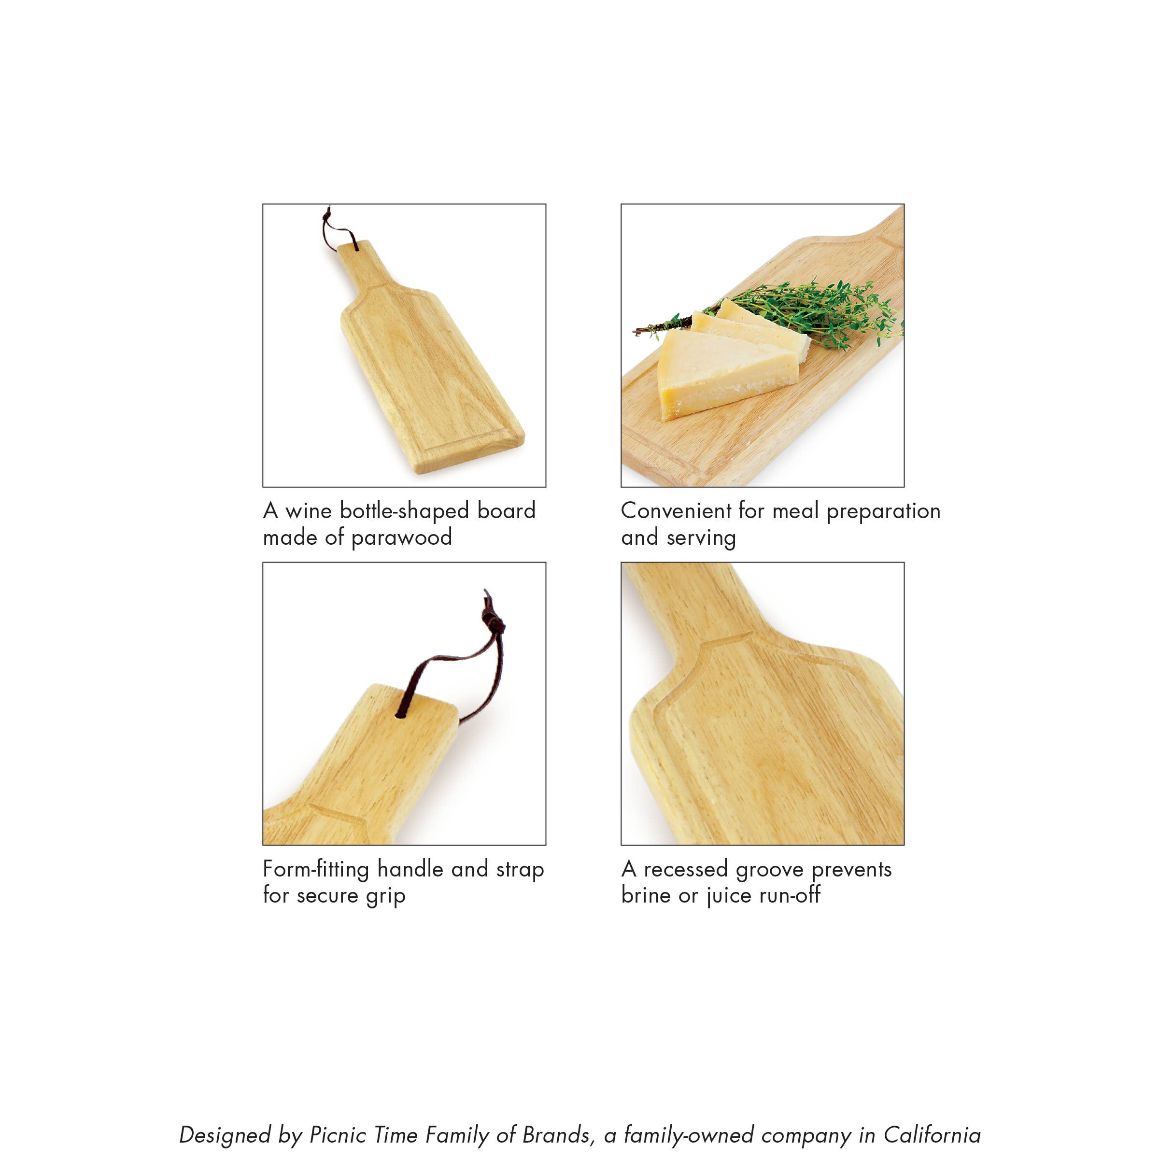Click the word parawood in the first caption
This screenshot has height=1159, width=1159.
[x=401, y=537]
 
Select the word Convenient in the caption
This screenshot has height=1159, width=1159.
[x=676, y=510]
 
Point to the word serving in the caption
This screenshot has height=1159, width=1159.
[x=701, y=537]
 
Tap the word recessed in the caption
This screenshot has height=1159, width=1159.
[x=686, y=869]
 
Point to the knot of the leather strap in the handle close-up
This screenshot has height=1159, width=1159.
[x=493, y=618]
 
